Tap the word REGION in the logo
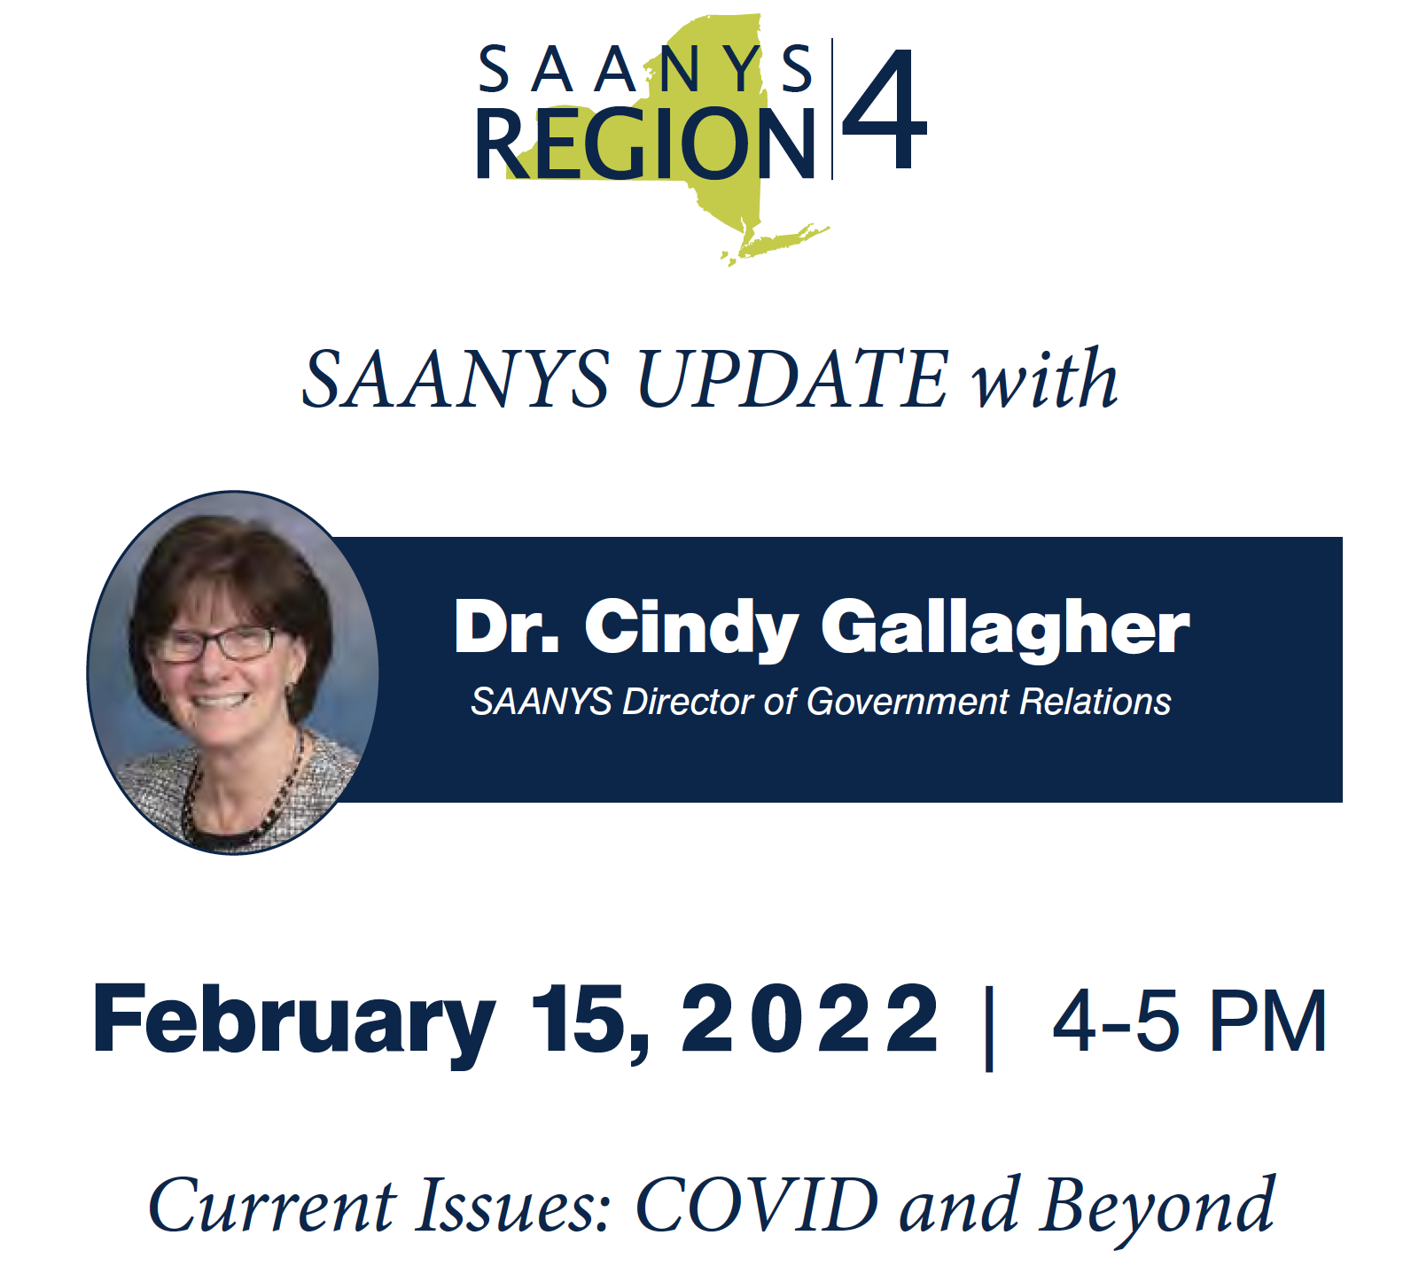coord(645,144)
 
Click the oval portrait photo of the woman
coord(233,672)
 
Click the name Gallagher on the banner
coord(1005,629)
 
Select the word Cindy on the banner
coord(691,629)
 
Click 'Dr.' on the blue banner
coord(506,626)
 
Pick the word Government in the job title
coord(908,702)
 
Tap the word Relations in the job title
coord(1095,702)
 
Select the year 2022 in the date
coord(810,1018)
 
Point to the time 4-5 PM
coord(1189,1021)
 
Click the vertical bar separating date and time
coord(989,1028)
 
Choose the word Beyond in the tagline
coord(1158,1209)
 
